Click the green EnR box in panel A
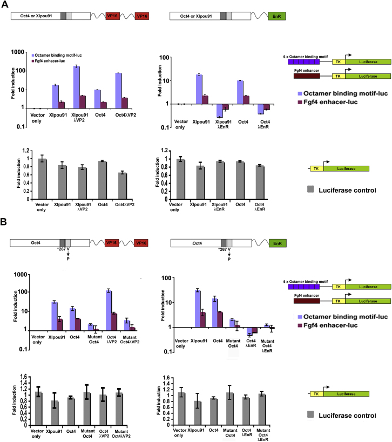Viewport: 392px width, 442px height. [276, 16]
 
